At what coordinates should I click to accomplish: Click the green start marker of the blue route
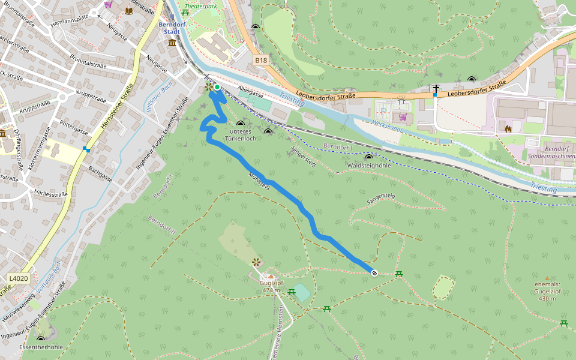click(217, 87)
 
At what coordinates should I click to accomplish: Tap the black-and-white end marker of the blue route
click(374, 274)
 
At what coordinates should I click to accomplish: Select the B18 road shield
click(260, 60)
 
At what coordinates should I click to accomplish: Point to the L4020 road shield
click(19, 278)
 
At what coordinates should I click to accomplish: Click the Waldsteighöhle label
click(368, 165)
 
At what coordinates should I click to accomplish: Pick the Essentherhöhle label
click(41, 347)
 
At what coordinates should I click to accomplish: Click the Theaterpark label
click(200, 6)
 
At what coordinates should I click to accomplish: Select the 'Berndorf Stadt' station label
click(170, 28)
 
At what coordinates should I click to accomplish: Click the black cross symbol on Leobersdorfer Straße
click(436, 89)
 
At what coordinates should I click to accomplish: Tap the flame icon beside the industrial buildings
click(508, 128)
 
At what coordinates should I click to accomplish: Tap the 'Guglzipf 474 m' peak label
click(271, 286)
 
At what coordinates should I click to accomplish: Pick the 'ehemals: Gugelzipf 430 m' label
click(547, 291)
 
